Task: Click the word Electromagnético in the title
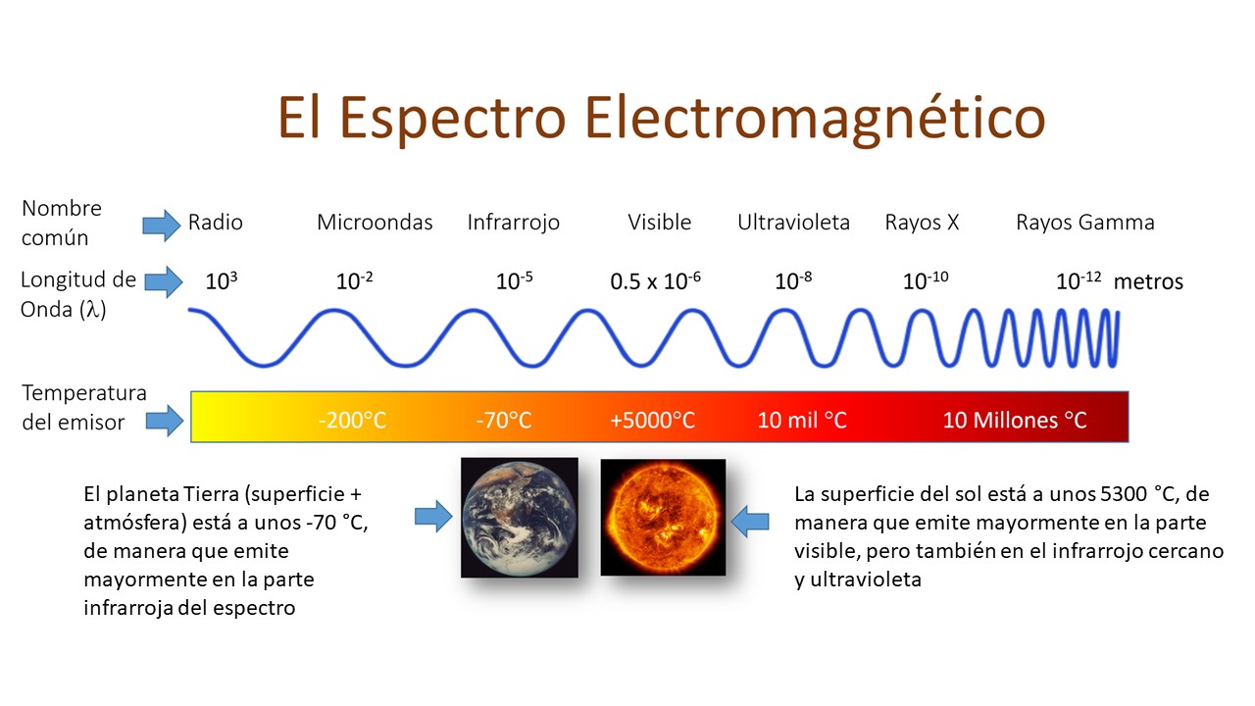coord(815,119)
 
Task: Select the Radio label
coord(215,223)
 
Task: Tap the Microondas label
coord(375,223)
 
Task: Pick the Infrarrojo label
coord(513,223)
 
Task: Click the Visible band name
coord(660,223)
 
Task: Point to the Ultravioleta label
coord(793,223)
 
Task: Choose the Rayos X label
coord(922,223)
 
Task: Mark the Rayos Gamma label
coord(1085,223)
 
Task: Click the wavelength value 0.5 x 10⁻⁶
coord(655,280)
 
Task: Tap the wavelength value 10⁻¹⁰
coord(926,280)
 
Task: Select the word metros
coord(1148,281)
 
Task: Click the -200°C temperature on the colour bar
coord(352,421)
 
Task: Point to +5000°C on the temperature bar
coord(653,421)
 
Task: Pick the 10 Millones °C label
coord(1015,421)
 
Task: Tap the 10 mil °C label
coord(802,421)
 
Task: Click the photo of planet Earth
coord(520,518)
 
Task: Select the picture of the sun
coord(663,518)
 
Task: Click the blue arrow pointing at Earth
coord(433,516)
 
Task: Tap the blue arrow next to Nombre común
coord(162,226)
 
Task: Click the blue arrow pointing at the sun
coord(750,522)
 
